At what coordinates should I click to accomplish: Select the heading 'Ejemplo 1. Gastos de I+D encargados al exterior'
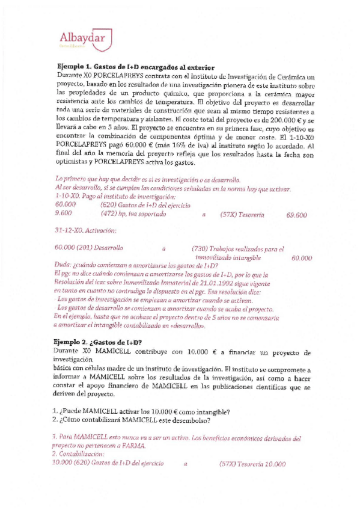[x=136, y=67]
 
